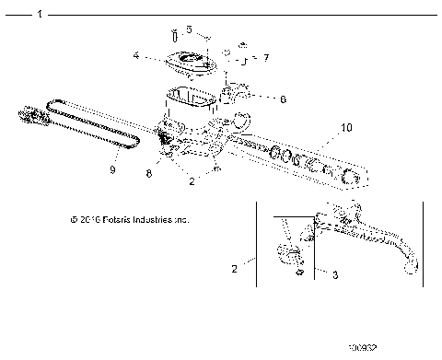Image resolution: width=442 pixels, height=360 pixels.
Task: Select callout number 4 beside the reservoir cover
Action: coord(136,56)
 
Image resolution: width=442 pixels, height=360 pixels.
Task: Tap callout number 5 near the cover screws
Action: coord(190,29)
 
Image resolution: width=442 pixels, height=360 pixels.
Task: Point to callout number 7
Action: coord(266,58)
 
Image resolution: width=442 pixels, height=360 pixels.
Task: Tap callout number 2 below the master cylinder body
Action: coord(192,182)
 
